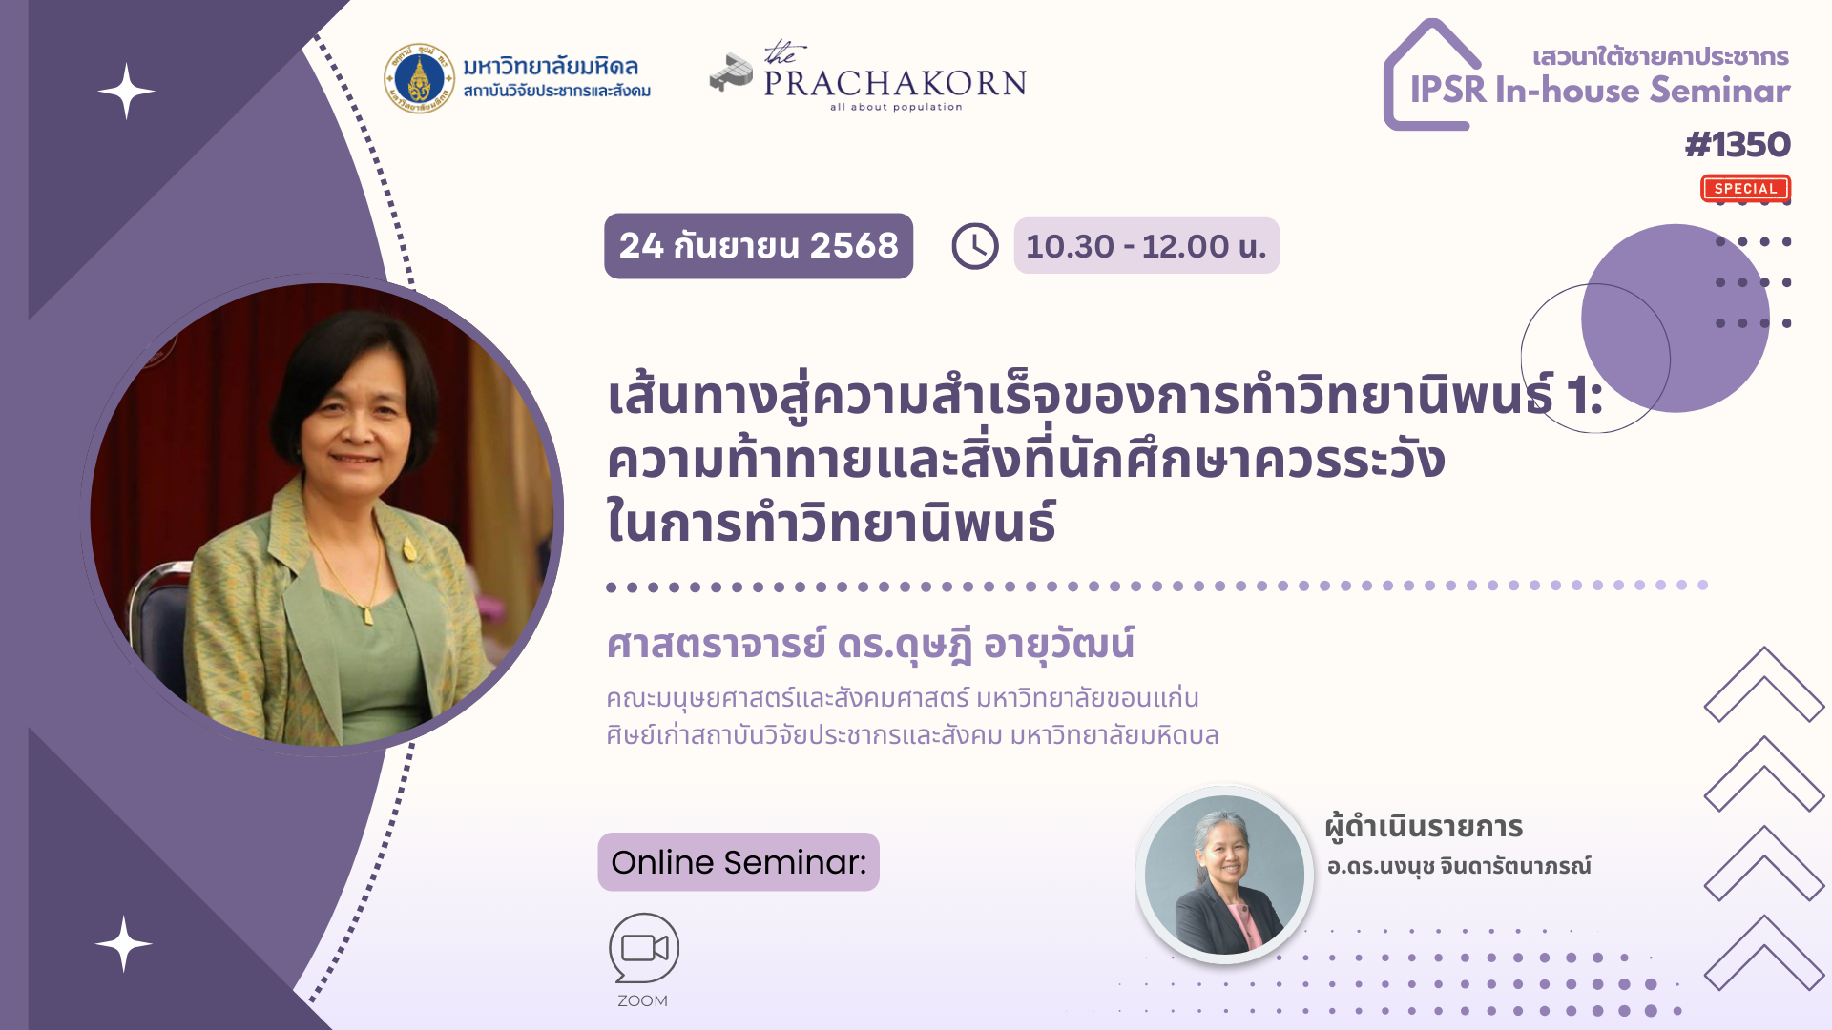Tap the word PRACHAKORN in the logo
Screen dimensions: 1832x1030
click(895, 84)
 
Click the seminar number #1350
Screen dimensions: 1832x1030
click(1738, 145)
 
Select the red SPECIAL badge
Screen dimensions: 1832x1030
click(1745, 189)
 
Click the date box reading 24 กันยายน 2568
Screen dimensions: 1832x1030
click(759, 246)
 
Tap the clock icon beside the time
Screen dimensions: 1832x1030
click(974, 246)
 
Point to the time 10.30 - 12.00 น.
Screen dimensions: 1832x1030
click(1146, 246)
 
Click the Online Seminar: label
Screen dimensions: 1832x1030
click(739, 862)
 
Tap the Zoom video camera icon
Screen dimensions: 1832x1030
click(644, 948)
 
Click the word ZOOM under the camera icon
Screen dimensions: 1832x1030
click(642, 1000)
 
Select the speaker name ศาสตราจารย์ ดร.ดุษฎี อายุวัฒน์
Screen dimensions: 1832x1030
click(870, 645)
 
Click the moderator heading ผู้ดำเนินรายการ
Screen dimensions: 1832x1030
click(1424, 827)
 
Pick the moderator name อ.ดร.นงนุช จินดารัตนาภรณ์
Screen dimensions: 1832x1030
click(1459, 866)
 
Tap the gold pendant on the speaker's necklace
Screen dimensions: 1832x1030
click(367, 615)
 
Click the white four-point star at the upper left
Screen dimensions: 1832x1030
click(126, 92)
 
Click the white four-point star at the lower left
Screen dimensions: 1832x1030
click(123, 943)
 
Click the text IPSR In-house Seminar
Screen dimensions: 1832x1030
click(1600, 91)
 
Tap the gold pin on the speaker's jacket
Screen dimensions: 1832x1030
click(409, 550)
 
